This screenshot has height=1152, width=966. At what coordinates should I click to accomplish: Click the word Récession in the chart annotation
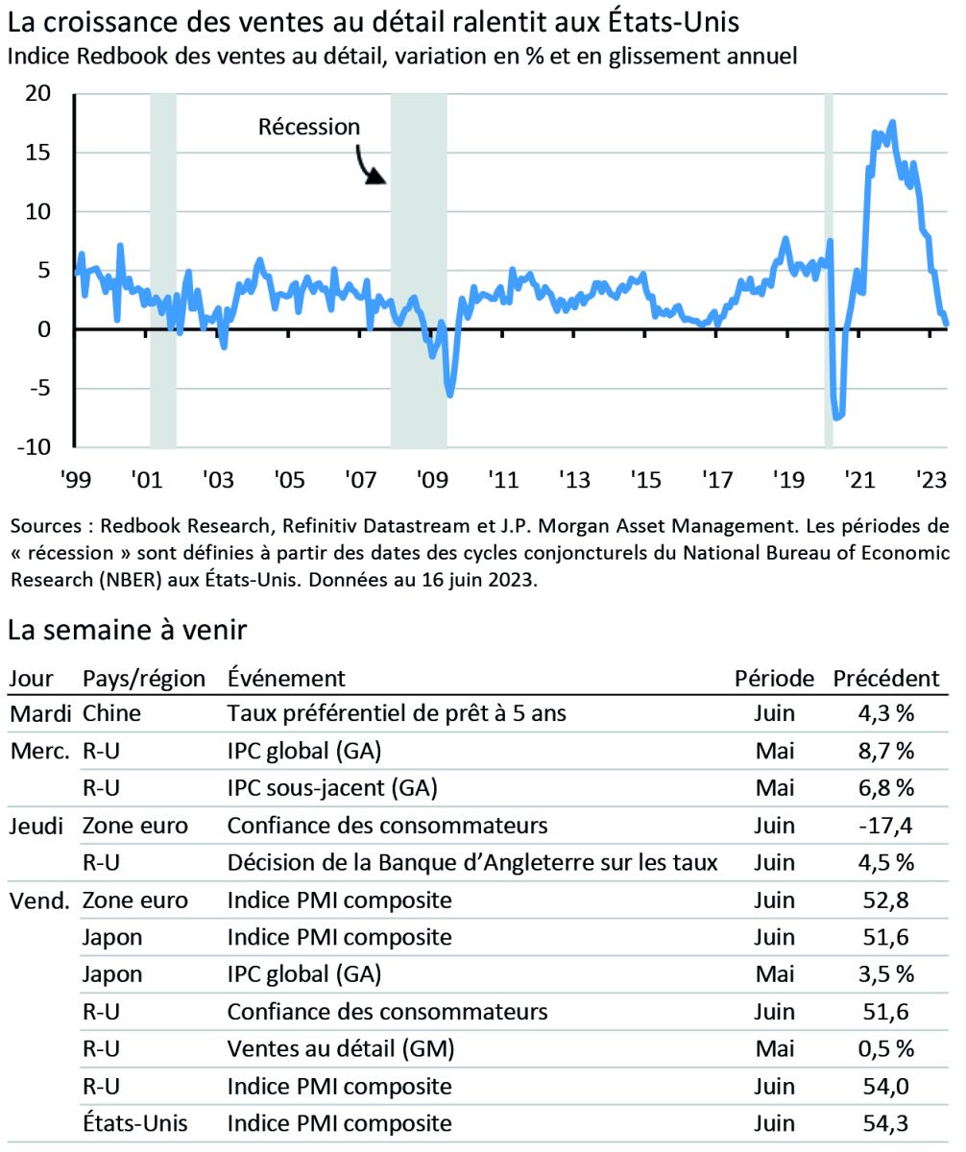click(308, 127)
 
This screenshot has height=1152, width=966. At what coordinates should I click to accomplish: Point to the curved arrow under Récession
click(371, 165)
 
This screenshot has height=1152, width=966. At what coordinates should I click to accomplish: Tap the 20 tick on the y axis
click(37, 93)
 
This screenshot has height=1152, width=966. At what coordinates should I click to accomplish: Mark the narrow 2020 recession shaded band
click(829, 270)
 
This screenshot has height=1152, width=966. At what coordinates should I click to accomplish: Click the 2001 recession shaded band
click(163, 270)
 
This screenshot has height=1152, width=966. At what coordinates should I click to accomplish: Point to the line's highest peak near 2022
click(893, 122)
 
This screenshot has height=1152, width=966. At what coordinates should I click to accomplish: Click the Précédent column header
click(885, 678)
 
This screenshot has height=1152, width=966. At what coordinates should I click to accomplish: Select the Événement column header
click(286, 678)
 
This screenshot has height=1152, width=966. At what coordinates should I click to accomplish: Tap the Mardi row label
click(37, 714)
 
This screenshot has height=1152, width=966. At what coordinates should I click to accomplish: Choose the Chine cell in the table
click(111, 714)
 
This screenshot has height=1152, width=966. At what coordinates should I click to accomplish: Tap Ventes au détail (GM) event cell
click(341, 1048)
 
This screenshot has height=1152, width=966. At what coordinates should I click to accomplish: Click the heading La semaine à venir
click(128, 632)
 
